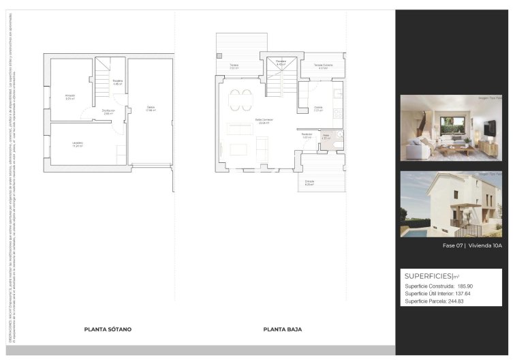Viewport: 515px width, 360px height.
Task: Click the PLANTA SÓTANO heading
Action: point(108,329)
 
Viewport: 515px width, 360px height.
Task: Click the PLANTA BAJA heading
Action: point(282,329)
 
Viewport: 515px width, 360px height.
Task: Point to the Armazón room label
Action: point(70,96)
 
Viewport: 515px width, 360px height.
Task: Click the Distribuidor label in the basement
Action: point(108,111)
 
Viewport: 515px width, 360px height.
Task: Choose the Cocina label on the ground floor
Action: point(318,108)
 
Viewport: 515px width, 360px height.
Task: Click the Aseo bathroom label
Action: point(326,136)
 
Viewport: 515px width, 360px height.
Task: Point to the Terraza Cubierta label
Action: point(323,65)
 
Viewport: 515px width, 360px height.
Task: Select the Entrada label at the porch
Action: point(309,182)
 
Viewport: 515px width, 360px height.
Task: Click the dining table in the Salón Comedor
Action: point(240,99)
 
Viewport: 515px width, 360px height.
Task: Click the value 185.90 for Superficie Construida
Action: point(465,286)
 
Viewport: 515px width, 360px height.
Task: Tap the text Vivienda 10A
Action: point(485,245)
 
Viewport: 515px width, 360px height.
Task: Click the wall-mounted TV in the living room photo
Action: point(489,127)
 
